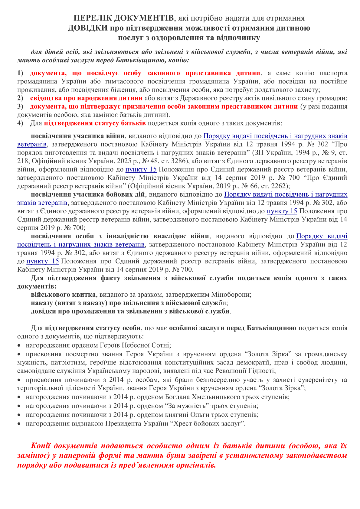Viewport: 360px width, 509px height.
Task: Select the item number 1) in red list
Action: pos(20,73)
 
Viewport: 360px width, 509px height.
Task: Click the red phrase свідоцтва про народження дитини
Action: pos(86,98)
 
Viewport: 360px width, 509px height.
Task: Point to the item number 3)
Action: pos(20,106)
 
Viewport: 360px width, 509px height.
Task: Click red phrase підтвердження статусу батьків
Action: pos(95,123)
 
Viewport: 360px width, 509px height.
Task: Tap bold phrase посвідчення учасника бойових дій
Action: pos(88,194)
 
